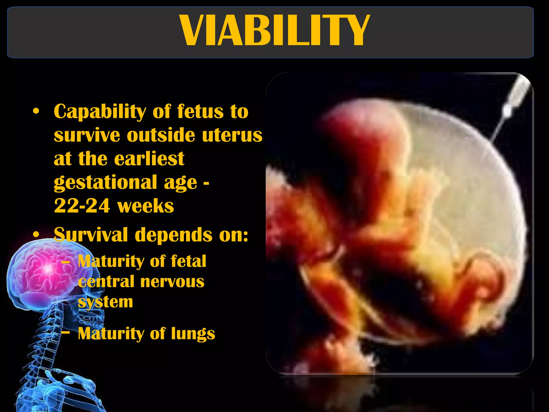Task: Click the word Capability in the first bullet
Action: (x=99, y=111)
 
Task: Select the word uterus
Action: (x=232, y=135)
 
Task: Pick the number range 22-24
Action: (x=82, y=206)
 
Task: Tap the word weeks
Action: (x=146, y=206)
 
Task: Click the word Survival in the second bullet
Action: (x=91, y=235)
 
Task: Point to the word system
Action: (x=105, y=302)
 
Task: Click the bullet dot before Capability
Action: (x=36, y=111)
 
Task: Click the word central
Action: (x=106, y=282)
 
